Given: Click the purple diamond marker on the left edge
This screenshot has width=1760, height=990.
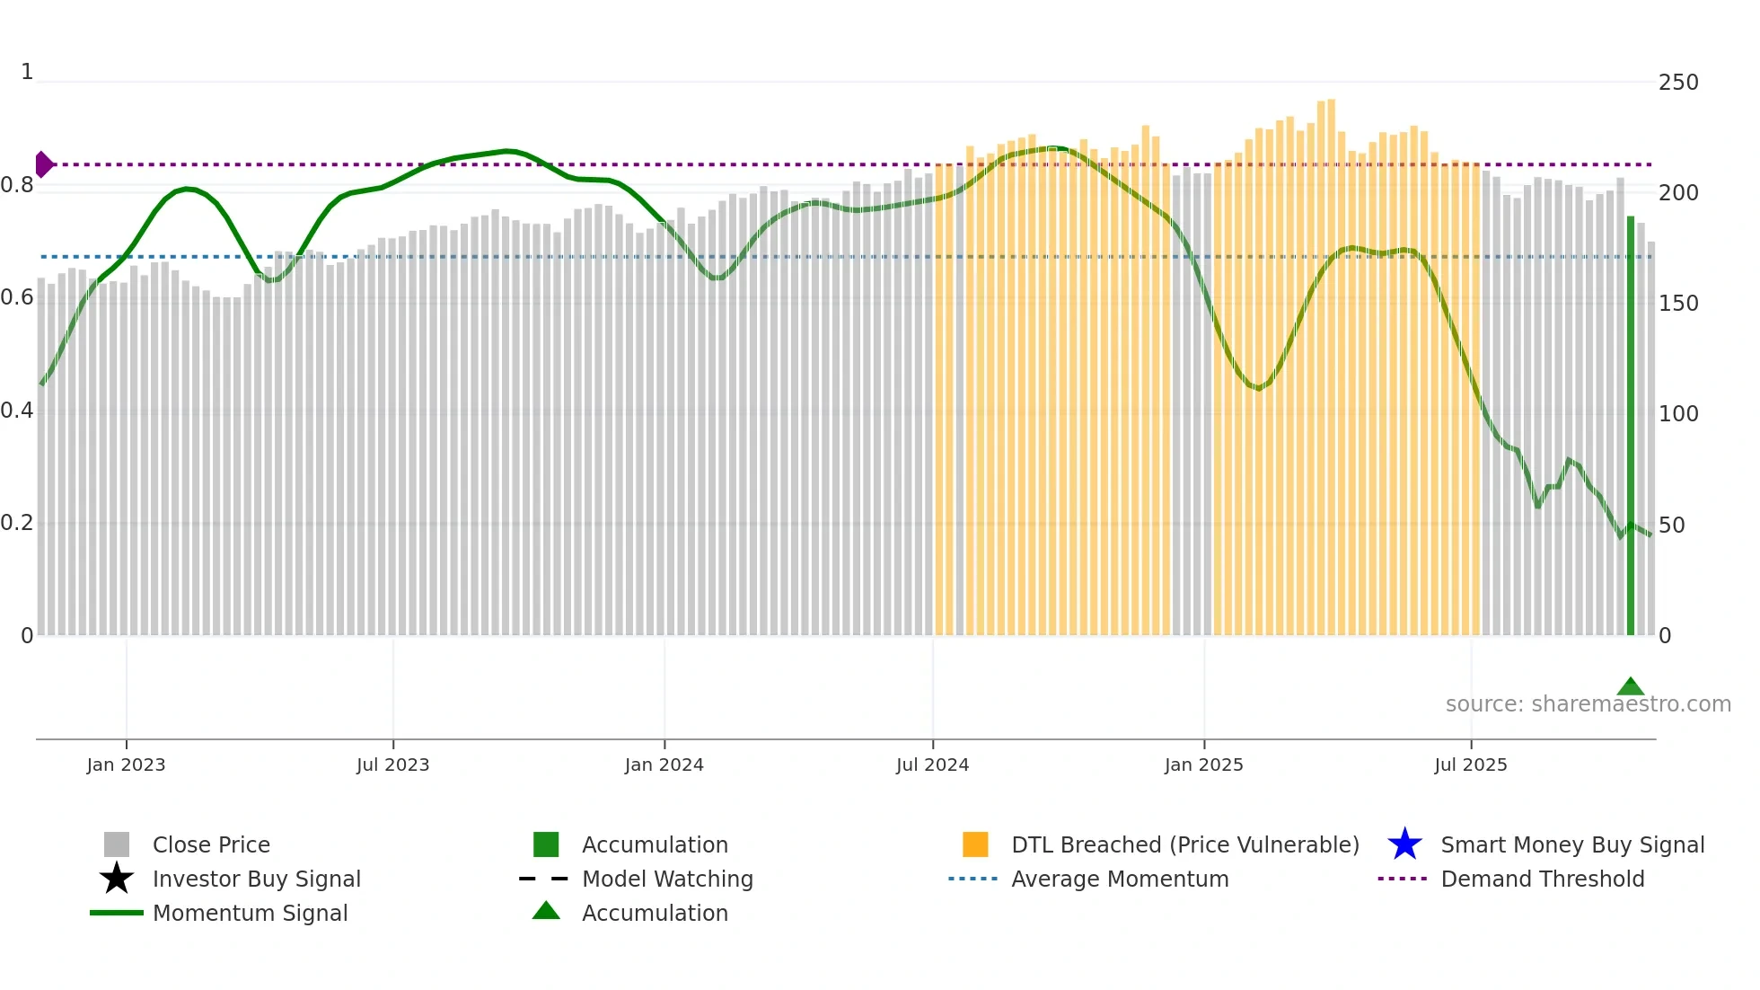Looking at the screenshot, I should click(43, 164).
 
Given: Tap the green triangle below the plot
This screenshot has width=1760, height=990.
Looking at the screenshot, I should click(1630, 687).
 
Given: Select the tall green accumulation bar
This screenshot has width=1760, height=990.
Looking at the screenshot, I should click(1630, 427).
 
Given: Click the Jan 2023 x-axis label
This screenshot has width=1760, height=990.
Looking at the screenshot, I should click(126, 765).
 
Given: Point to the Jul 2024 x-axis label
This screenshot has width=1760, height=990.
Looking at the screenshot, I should click(932, 765).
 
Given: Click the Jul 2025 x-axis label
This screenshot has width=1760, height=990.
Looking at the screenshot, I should click(1470, 765).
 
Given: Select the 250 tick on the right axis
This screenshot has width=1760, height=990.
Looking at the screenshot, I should click(1678, 83).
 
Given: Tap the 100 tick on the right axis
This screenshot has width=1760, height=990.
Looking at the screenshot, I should click(1678, 414).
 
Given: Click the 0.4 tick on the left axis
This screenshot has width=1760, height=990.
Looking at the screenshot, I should click(17, 411).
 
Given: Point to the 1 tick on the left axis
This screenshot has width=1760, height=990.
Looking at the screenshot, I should click(27, 72).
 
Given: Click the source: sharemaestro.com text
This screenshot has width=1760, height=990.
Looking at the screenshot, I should click(1588, 704).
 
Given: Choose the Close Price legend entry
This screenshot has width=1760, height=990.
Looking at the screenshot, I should click(211, 844).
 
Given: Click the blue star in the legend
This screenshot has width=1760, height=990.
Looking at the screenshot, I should click(1404, 844).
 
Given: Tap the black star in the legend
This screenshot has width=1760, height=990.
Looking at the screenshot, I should click(117, 879).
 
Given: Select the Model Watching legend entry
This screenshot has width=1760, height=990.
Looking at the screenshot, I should click(667, 879).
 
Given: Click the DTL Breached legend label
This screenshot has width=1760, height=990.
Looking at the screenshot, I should click(1184, 844).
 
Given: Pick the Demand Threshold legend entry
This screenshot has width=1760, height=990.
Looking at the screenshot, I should click(1542, 879).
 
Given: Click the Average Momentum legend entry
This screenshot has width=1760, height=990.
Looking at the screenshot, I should click(1119, 879).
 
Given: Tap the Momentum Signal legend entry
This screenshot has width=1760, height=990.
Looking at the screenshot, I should click(250, 913).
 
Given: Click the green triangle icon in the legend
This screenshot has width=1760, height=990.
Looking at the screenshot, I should click(546, 911).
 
